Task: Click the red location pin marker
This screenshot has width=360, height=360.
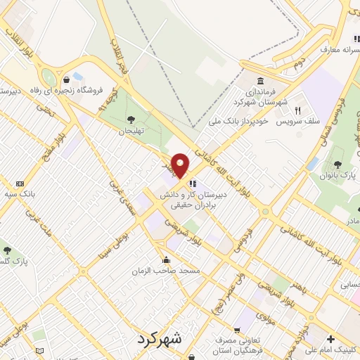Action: click(x=180, y=166)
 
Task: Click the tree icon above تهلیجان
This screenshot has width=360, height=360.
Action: click(x=131, y=119)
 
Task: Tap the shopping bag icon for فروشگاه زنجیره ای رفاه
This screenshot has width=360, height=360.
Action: click(x=66, y=79)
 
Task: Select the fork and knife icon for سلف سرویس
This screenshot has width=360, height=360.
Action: click(x=297, y=110)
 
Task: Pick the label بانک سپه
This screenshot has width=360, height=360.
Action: click(x=20, y=193)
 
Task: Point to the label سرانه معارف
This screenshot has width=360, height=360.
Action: click(x=340, y=49)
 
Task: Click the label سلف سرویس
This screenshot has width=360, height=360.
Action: click(x=298, y=121)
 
